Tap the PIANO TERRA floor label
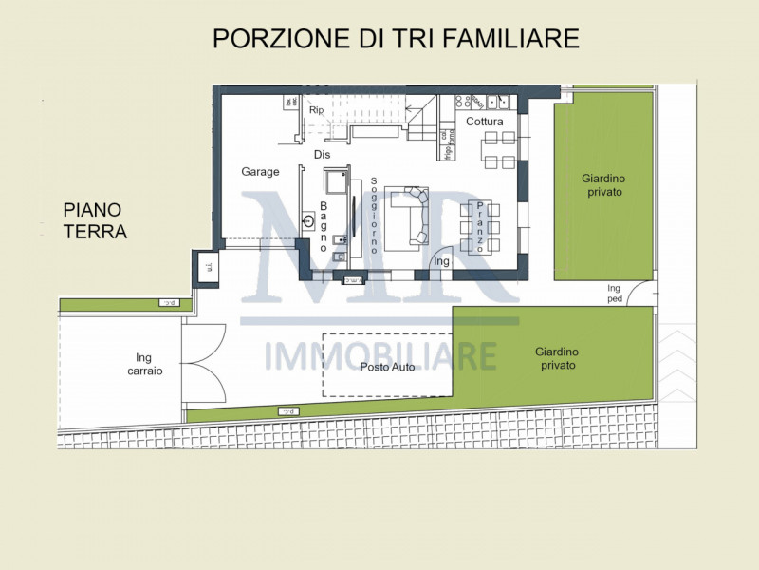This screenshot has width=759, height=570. [x=95, y=220]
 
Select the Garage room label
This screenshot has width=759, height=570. [x=260, y=172]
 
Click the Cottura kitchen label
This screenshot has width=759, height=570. [x=484, y=121]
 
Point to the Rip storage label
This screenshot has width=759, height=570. [x=317, y=110]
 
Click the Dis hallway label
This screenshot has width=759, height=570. [x=322, y=154]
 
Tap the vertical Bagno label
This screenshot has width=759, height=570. [x=324, y=226]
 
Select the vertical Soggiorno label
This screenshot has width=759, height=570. [x=375, y=216]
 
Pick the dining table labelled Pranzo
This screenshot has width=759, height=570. [x=480, y=226]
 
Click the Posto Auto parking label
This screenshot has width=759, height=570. [x=387, y=367]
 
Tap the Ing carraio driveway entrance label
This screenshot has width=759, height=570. [x=144, y=364]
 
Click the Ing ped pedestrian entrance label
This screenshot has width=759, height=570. [x=614, y=293]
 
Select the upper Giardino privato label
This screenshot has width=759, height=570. [x=603, y=184]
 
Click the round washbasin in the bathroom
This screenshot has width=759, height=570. [x=308, y=221]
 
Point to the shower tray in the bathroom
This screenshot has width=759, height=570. [x=335, y=181]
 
